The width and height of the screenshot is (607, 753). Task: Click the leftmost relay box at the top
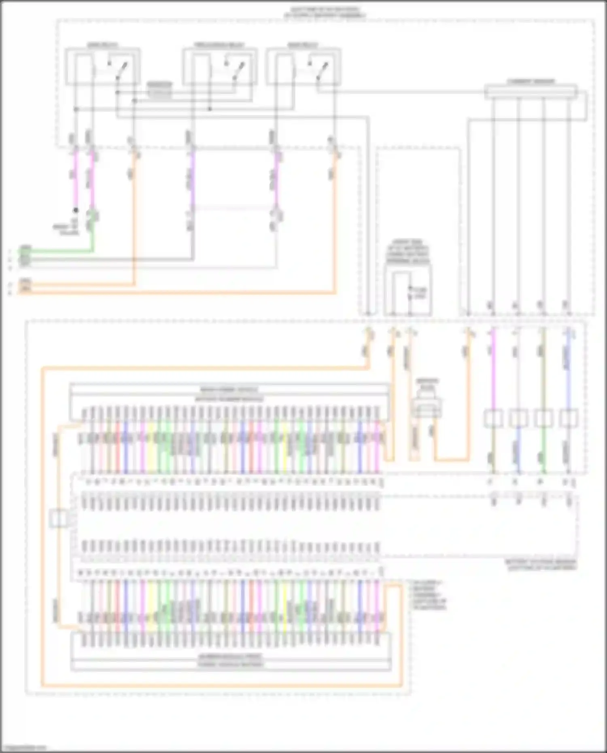[x=103, y=67]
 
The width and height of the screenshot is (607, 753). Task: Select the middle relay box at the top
[x=220, y=67]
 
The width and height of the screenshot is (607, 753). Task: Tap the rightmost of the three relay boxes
[x=303, y=67]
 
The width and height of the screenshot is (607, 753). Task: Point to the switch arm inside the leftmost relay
[x=121, y=70]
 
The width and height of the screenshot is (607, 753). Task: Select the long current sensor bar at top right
[x=531, y=92]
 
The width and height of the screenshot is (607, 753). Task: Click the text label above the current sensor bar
[x=531, y=81]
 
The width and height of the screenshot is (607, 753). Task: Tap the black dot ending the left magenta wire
[x=76, y=210]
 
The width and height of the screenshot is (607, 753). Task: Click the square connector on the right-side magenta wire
[x=493, y=418]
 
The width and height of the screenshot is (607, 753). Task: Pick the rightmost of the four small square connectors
[x=569, y=418]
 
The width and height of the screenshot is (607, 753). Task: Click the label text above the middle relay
[x=219, y=45]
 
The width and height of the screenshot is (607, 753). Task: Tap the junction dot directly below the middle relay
[x=210, y=109]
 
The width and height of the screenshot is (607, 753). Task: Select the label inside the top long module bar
[x=229, y=390]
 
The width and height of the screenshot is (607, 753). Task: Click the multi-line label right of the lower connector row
[x=429, y=595]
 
